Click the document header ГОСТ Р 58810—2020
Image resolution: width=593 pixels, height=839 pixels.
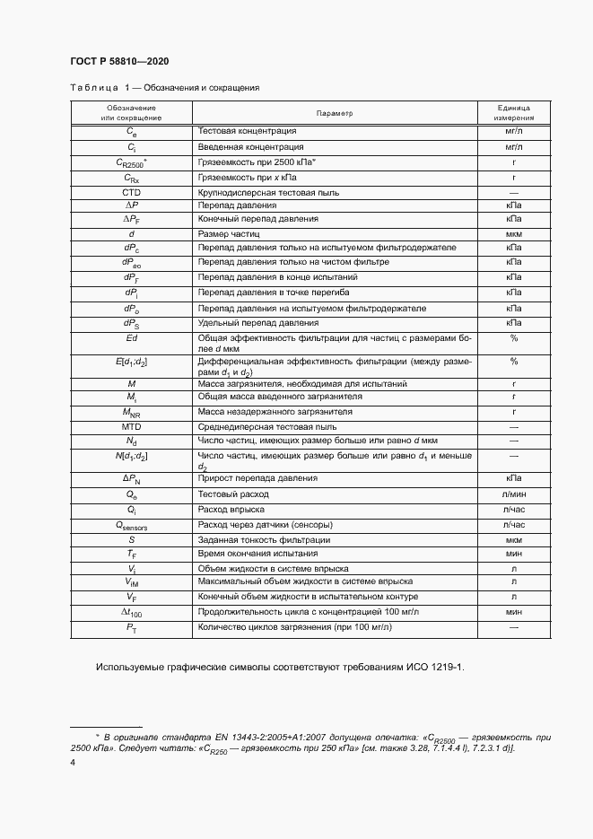[x=119, y=61]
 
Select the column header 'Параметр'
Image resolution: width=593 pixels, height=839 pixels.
[x=335, y=113]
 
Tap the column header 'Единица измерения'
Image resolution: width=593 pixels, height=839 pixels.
[x=514, y=113]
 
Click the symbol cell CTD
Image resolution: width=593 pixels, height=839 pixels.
[x=131, y=193]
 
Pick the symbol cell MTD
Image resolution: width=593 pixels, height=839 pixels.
[x=131, y=427]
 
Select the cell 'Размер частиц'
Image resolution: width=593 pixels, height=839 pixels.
[x=227, y=233]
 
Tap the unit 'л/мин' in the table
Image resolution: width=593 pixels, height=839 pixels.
[x=514, y=494]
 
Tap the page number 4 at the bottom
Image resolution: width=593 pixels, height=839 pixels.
[x=72, y=762]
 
